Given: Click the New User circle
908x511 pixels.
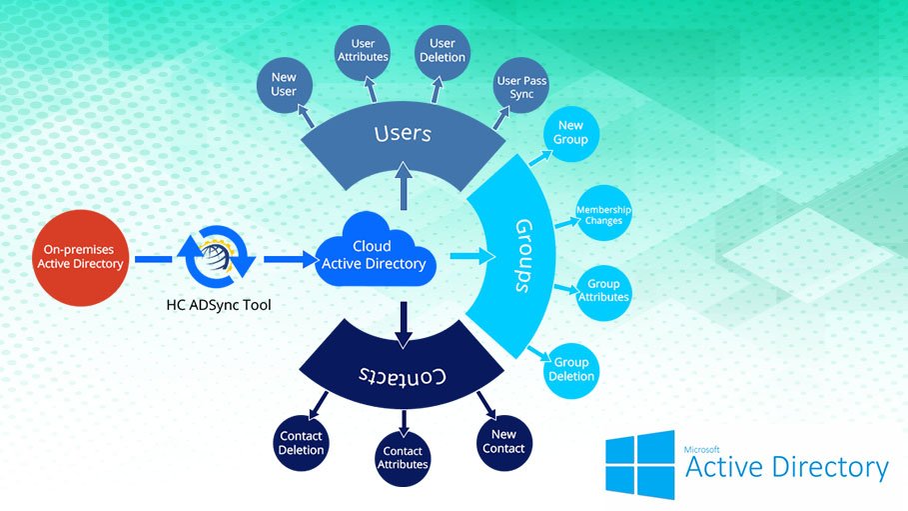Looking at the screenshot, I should click(x=283, y=86).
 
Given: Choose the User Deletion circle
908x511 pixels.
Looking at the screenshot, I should click(x=443, y=50).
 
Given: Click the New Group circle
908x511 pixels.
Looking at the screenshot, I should click(x=571, y=134).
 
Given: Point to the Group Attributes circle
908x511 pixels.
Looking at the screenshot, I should click(x=603, y=291).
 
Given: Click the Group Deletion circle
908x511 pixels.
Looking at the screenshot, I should click(x=571, y=369).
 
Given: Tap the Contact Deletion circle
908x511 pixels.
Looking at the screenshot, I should click(x=301, y=443).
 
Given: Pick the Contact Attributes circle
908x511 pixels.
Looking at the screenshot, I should click(x=403, y=457).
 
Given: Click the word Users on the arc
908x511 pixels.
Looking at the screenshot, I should click(x=403, y=134).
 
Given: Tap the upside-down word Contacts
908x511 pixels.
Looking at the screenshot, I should click(x=402, y=376).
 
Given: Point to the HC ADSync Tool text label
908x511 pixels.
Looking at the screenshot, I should click(x=219, y=304).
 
